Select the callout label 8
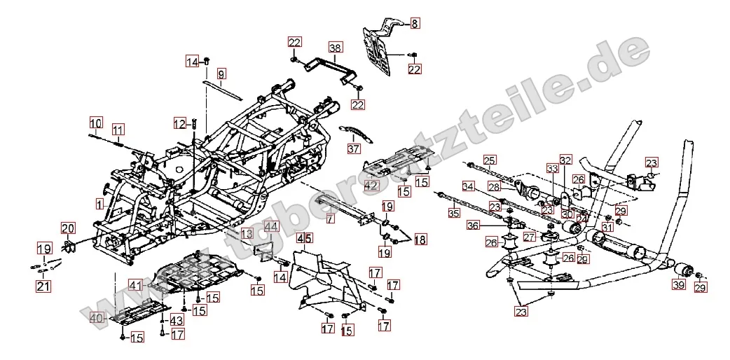pyautogui.click(x=414, y=24)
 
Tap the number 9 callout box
pyautogui.click(x=221, y=73)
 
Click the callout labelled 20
pyautogui.click(x=67, y=228)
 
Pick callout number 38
pyautogui.click(x=336, y=48)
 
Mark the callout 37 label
pyautogui.click(x=353, y=148)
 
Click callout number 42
pyautogui.click(x=371, y=186)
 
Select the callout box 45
pyautogui.click(x=304, y=238)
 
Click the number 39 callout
pyautogui.click(x=678, y=285)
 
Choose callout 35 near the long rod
pyautogui.click(x=455, y=212)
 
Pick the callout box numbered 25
pyautogui.click(x=489, y=160)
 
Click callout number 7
pyautogui.click(x=330, y=219)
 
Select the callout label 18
pyautogui.click(x=419, y=240)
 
